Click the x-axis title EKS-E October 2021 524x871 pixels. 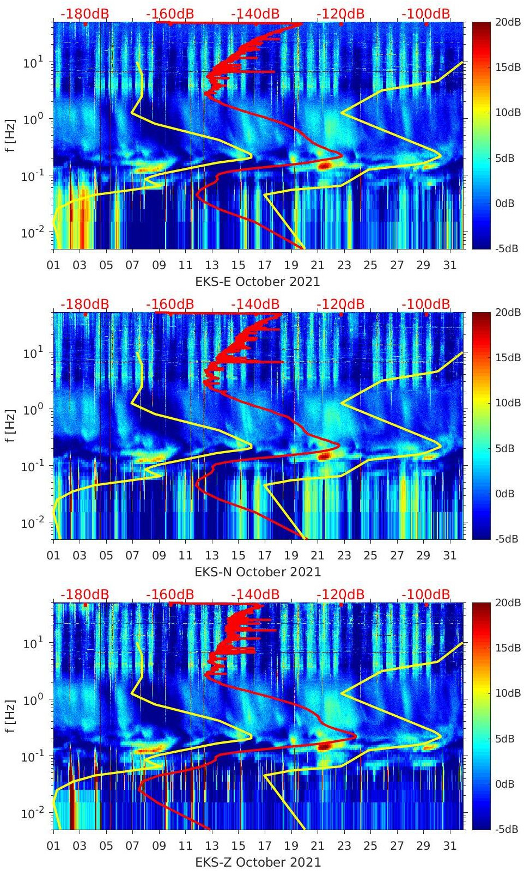click(257, 282)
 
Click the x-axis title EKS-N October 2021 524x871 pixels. click(257, 572)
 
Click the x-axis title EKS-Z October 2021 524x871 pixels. click(257, 862)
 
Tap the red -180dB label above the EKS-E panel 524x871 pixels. click(84, 14)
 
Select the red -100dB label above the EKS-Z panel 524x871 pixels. click(426, 594)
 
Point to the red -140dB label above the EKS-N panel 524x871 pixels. click(255, 304)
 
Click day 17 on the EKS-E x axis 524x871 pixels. click(265, 265)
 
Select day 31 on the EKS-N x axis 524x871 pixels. click(449, 556)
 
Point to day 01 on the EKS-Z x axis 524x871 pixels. click(53, 846)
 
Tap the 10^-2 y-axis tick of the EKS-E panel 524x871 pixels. click(31, 233)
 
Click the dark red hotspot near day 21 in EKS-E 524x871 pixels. click(325, 165)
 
